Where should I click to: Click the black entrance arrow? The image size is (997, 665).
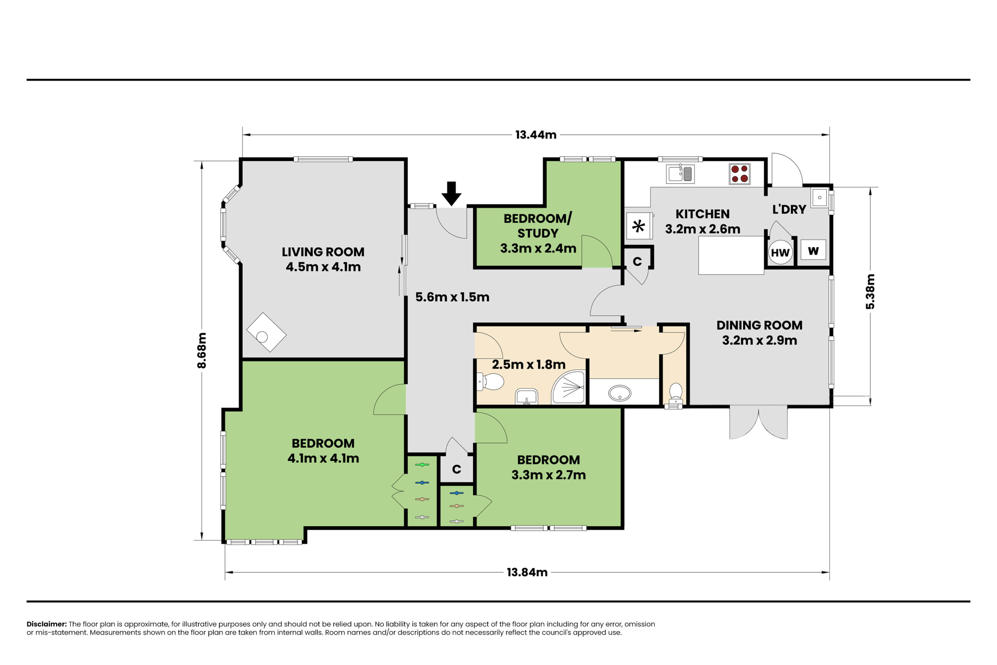tap(451, 194)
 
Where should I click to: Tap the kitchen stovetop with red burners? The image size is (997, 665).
tap(740, 174)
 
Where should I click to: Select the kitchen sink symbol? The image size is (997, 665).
tap(680, 173)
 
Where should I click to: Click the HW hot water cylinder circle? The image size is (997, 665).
tap(780, 252)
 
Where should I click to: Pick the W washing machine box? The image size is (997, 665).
tap(813, 250)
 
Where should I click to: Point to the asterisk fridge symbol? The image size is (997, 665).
tap(639, 226)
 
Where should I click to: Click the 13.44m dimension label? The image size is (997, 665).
tap(536, 135)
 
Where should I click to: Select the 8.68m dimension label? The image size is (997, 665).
tap(202, 350)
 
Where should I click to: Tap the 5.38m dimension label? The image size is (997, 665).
tap(870, 291)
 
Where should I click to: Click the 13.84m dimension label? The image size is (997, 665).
tap(527, 572)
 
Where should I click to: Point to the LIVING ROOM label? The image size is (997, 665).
tap(323, 252)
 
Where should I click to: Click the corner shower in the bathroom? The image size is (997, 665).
tap(569, 387)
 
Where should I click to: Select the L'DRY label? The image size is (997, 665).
tap(789, 209)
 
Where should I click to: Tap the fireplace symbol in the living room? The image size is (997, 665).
tap(266, 333)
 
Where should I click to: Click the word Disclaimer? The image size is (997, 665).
tap(47, 624)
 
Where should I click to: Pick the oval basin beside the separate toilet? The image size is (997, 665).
tap(620, 393)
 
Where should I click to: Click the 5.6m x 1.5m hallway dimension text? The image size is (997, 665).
tap(452, 297)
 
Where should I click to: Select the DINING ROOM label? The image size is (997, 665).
tap(759, 325)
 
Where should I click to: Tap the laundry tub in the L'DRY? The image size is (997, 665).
tap(819, 198)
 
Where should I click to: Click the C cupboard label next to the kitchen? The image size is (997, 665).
tap(637, 262)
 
